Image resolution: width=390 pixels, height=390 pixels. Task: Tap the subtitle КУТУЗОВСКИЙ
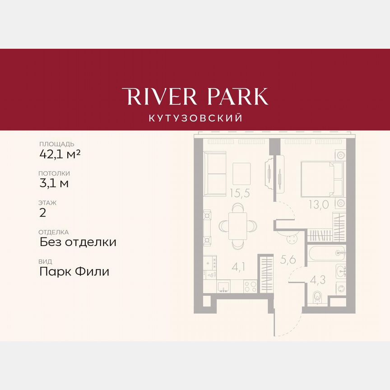pyautogui.click(x=195, y=118)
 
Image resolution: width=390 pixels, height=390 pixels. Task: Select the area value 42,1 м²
pyautogui.click(x=60, y=154)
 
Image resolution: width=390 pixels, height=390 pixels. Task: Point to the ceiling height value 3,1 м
pyautogui.click(x=54, y=183)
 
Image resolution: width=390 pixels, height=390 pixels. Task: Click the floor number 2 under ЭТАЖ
pyautogui.click(x=43, y=213)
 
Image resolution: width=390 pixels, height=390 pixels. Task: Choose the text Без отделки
pyautogui.click(x=78, y=242)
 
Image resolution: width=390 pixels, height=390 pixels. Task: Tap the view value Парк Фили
pyautogui.click(x=74, y=272)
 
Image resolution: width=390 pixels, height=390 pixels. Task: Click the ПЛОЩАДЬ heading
pyautogui.click(x=56, y=144)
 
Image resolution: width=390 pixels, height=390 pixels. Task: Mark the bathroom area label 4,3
pyautogui.click(x=318, y=279)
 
